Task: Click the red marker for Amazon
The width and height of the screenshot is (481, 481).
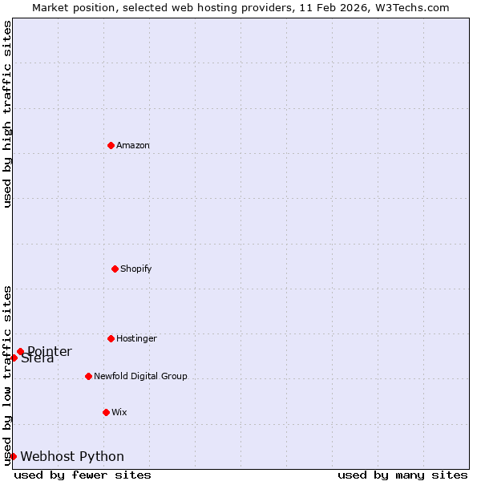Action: (x=111, y=145)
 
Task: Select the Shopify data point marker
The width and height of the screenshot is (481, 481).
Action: (x=115, y=269)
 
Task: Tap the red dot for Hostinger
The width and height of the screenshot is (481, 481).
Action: (x=111, y=338)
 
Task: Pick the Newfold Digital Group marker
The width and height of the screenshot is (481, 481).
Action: (x=88, y=376)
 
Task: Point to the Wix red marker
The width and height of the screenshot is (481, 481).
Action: (x=106, y=412)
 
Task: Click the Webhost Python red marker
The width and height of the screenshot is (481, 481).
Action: (x=13, y=456)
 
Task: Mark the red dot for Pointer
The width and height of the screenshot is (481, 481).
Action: (x=20, y=351)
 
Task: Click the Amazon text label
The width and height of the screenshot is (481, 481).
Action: (x=133, y=145)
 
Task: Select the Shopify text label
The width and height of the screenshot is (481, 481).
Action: (x=136, y=269)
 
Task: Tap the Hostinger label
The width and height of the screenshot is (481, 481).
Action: (x=136, y=338)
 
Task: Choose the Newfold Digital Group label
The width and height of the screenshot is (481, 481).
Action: (x=140, y=376)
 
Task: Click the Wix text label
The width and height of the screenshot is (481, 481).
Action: (x=119, y=412)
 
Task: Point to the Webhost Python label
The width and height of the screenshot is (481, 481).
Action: (x=72, y=457)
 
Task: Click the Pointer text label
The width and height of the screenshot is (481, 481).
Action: (x=50, y=352)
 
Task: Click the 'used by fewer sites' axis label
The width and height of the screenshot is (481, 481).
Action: (x=83, y=475)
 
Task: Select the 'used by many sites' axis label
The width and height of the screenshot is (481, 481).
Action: (x=402, y=475)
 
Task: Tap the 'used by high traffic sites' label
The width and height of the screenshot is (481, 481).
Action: (x=7, y=114)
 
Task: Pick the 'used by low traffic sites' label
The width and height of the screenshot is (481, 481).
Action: (x=7, y=375)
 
